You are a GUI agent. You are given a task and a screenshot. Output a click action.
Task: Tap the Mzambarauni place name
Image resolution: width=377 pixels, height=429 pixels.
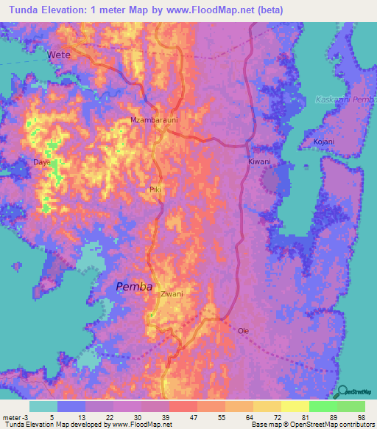[x=149, y=119]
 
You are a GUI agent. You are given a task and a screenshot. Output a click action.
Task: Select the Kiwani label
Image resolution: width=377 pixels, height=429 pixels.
[x=259, y=161]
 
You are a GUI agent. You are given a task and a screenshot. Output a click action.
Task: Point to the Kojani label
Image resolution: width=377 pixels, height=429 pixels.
[x=323, y=142]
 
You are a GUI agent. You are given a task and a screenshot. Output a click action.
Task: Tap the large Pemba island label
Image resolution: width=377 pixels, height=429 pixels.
[x=135, y=287]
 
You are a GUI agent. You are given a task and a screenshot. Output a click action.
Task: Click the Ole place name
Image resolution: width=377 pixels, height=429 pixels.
[x=243, y=331]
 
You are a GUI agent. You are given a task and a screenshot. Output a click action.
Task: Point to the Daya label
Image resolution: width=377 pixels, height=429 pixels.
[x=41, y=161]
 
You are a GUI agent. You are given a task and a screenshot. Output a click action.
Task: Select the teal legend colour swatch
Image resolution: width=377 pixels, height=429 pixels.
[x=43, y=405]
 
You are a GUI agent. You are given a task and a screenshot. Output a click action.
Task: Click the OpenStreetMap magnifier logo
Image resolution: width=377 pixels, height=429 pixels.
[x=343, y=390]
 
